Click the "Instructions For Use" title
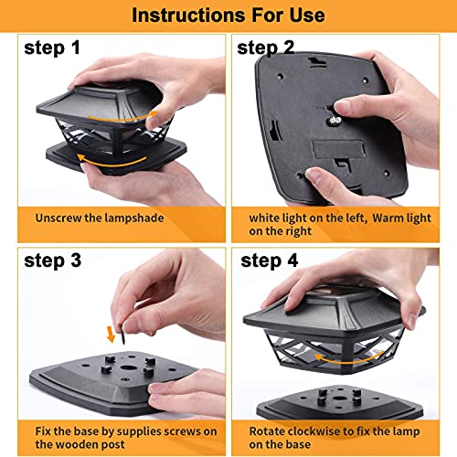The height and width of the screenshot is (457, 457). (x=228, y=16)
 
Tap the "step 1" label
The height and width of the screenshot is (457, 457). (x=52, y=48)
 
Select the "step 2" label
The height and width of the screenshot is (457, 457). (x=266, y=48)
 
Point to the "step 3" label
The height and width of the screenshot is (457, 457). (x=52, y=260)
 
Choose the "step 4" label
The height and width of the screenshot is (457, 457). (x=270, y=260)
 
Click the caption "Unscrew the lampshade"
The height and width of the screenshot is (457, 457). (x=100, y=218)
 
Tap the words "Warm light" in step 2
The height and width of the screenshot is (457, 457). (x=401, y=218)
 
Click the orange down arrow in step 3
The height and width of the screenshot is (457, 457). (x=111, y=334)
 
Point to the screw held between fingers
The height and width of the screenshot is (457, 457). (x=122, y=335)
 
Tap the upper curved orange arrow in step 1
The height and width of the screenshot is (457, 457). (x=122, y=117)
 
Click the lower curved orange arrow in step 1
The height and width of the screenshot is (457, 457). (x=111, y=163)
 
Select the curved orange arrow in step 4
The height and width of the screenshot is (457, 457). (x=348, y=359)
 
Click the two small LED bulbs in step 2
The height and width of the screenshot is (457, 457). (x=335, y=121)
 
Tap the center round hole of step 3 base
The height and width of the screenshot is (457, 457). (x=126, y=367)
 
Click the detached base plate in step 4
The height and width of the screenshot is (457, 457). (x=340, y=402)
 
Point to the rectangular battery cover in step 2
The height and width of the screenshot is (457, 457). (x=338, y=149)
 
